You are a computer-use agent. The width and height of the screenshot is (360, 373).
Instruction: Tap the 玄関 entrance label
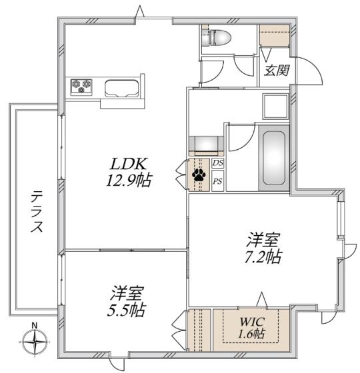(x=276, y=69)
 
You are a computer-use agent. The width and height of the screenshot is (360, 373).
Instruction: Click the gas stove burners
(x=83, y=85)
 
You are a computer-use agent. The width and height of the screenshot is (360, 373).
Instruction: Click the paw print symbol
(x=199, y=175)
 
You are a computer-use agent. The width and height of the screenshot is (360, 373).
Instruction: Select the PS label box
(x=217, y=179)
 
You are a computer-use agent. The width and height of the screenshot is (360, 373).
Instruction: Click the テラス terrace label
(x=37, y=211)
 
